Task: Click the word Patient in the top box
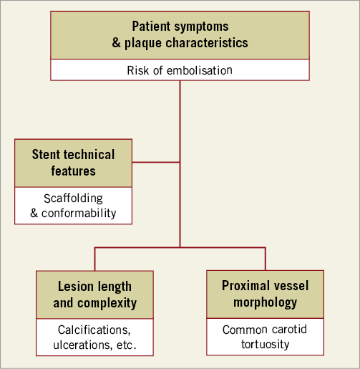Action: (151, 26)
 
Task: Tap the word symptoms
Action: (201, 27)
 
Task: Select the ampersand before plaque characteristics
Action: (116, 42)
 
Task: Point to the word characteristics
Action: (207, 43)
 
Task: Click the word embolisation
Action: (200, 70)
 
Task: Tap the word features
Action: (74, 171)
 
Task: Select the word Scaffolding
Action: (73, 198)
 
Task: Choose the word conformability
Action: (79, 214)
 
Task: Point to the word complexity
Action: (107, 303)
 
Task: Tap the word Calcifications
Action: (94, 330)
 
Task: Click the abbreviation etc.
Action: (127, 345)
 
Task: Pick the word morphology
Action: (266, 302)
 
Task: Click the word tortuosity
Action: (266, 345)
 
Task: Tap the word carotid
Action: (289, 330)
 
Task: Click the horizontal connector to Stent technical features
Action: (156, 163)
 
